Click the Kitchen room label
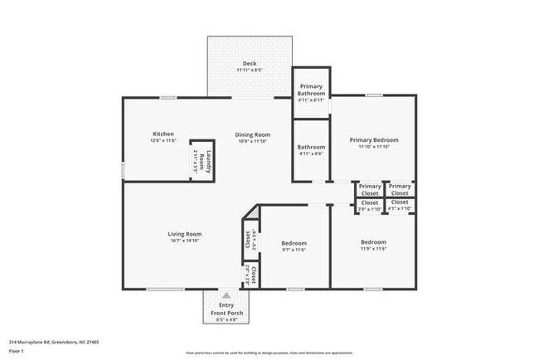tap(163, 134)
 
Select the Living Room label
tap(185, 234)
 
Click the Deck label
tap(250, 64)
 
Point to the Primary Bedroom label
tap(373, 140)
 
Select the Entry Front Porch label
tap(226, 308)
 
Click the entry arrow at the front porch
tap(226, 294)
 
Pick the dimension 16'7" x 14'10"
tap(185, 241)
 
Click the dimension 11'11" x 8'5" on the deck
tap(250, 71)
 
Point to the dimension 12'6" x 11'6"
tap(163, 141)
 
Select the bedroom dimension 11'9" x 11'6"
tap(373, 249)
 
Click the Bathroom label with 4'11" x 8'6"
tap(311, 147)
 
